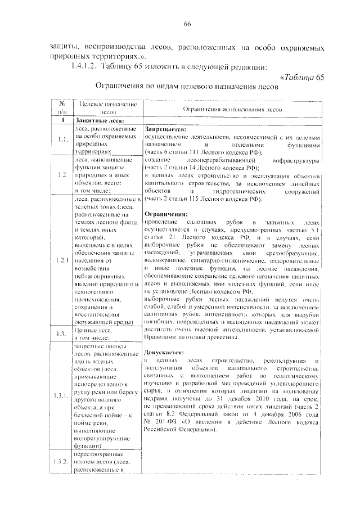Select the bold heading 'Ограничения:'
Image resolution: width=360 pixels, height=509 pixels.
(164, 215)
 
